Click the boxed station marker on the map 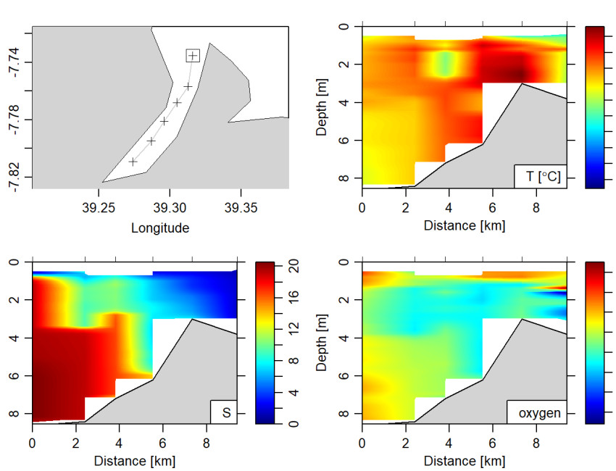tap(193, 56)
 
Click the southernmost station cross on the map tap(133, 162)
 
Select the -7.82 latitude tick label tap(14, 177)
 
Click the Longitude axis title tap(160, 228)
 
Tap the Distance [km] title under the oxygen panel tap(465, 460)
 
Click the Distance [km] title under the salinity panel tap(135, 460)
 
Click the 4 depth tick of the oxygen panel tap(345, 338)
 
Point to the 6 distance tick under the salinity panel tap(163, 442)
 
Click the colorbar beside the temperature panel tap(594, 107)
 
